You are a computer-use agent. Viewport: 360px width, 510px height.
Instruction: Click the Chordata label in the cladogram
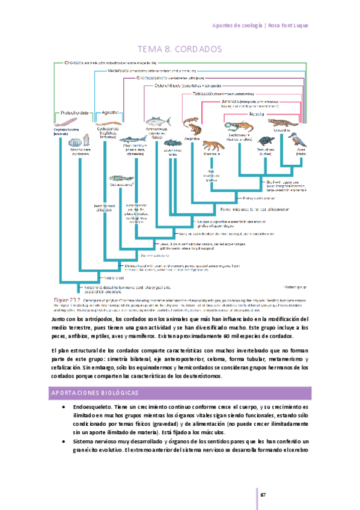(x=73, y=62)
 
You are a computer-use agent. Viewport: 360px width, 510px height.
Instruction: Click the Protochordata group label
(x=74, y=112)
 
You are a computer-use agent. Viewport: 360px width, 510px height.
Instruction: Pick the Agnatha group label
(x=109, y=112)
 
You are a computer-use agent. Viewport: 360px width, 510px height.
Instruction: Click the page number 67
(x=263, y=494)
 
